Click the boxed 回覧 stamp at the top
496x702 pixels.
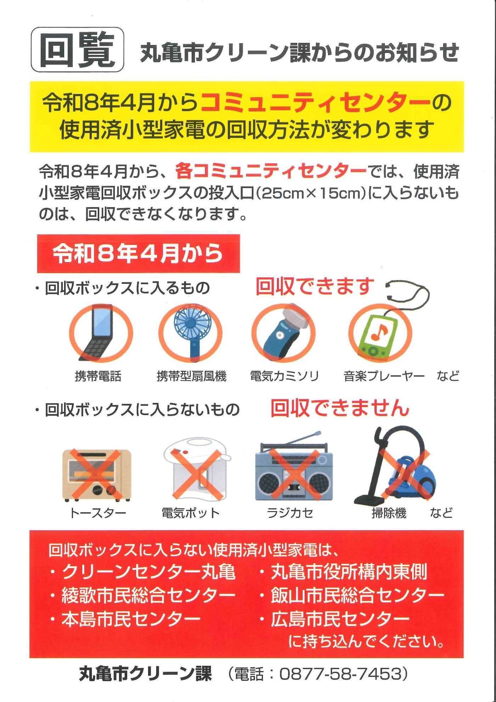click(x=77, y=50)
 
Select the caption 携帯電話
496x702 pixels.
click(x=98, y=376)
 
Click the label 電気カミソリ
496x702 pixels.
click(x=284, y=376)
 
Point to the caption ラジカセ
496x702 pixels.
click(x=290, y=513)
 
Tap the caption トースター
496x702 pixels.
click(x=98, y=513)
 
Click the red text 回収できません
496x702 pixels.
click(x=340, y=408)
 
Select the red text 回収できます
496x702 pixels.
click(x=315, y=287)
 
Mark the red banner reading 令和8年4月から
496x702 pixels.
click(x=139, y=254)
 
